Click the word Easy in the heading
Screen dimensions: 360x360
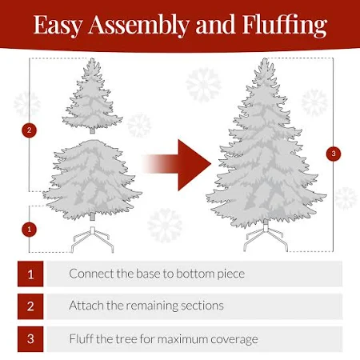pos(58,25)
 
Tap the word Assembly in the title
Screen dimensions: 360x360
pos(138,25)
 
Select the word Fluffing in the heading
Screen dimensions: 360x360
pos(285,25)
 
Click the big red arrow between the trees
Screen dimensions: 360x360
pos(177,164)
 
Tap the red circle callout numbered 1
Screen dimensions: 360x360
pos(29,229)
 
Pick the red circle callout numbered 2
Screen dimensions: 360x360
pos(29,130)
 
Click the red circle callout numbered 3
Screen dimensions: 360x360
pos(334,154)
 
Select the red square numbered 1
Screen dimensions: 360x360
pos(30,274)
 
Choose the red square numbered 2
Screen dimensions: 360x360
pos(30,306)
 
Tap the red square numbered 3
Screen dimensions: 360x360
pos(30,339)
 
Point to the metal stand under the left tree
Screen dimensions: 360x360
pos(92,239)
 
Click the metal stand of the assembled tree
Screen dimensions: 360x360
pos(266,238)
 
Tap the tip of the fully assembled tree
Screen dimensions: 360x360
pos(265,58)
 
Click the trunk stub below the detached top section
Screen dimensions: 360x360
pos(92,130)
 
